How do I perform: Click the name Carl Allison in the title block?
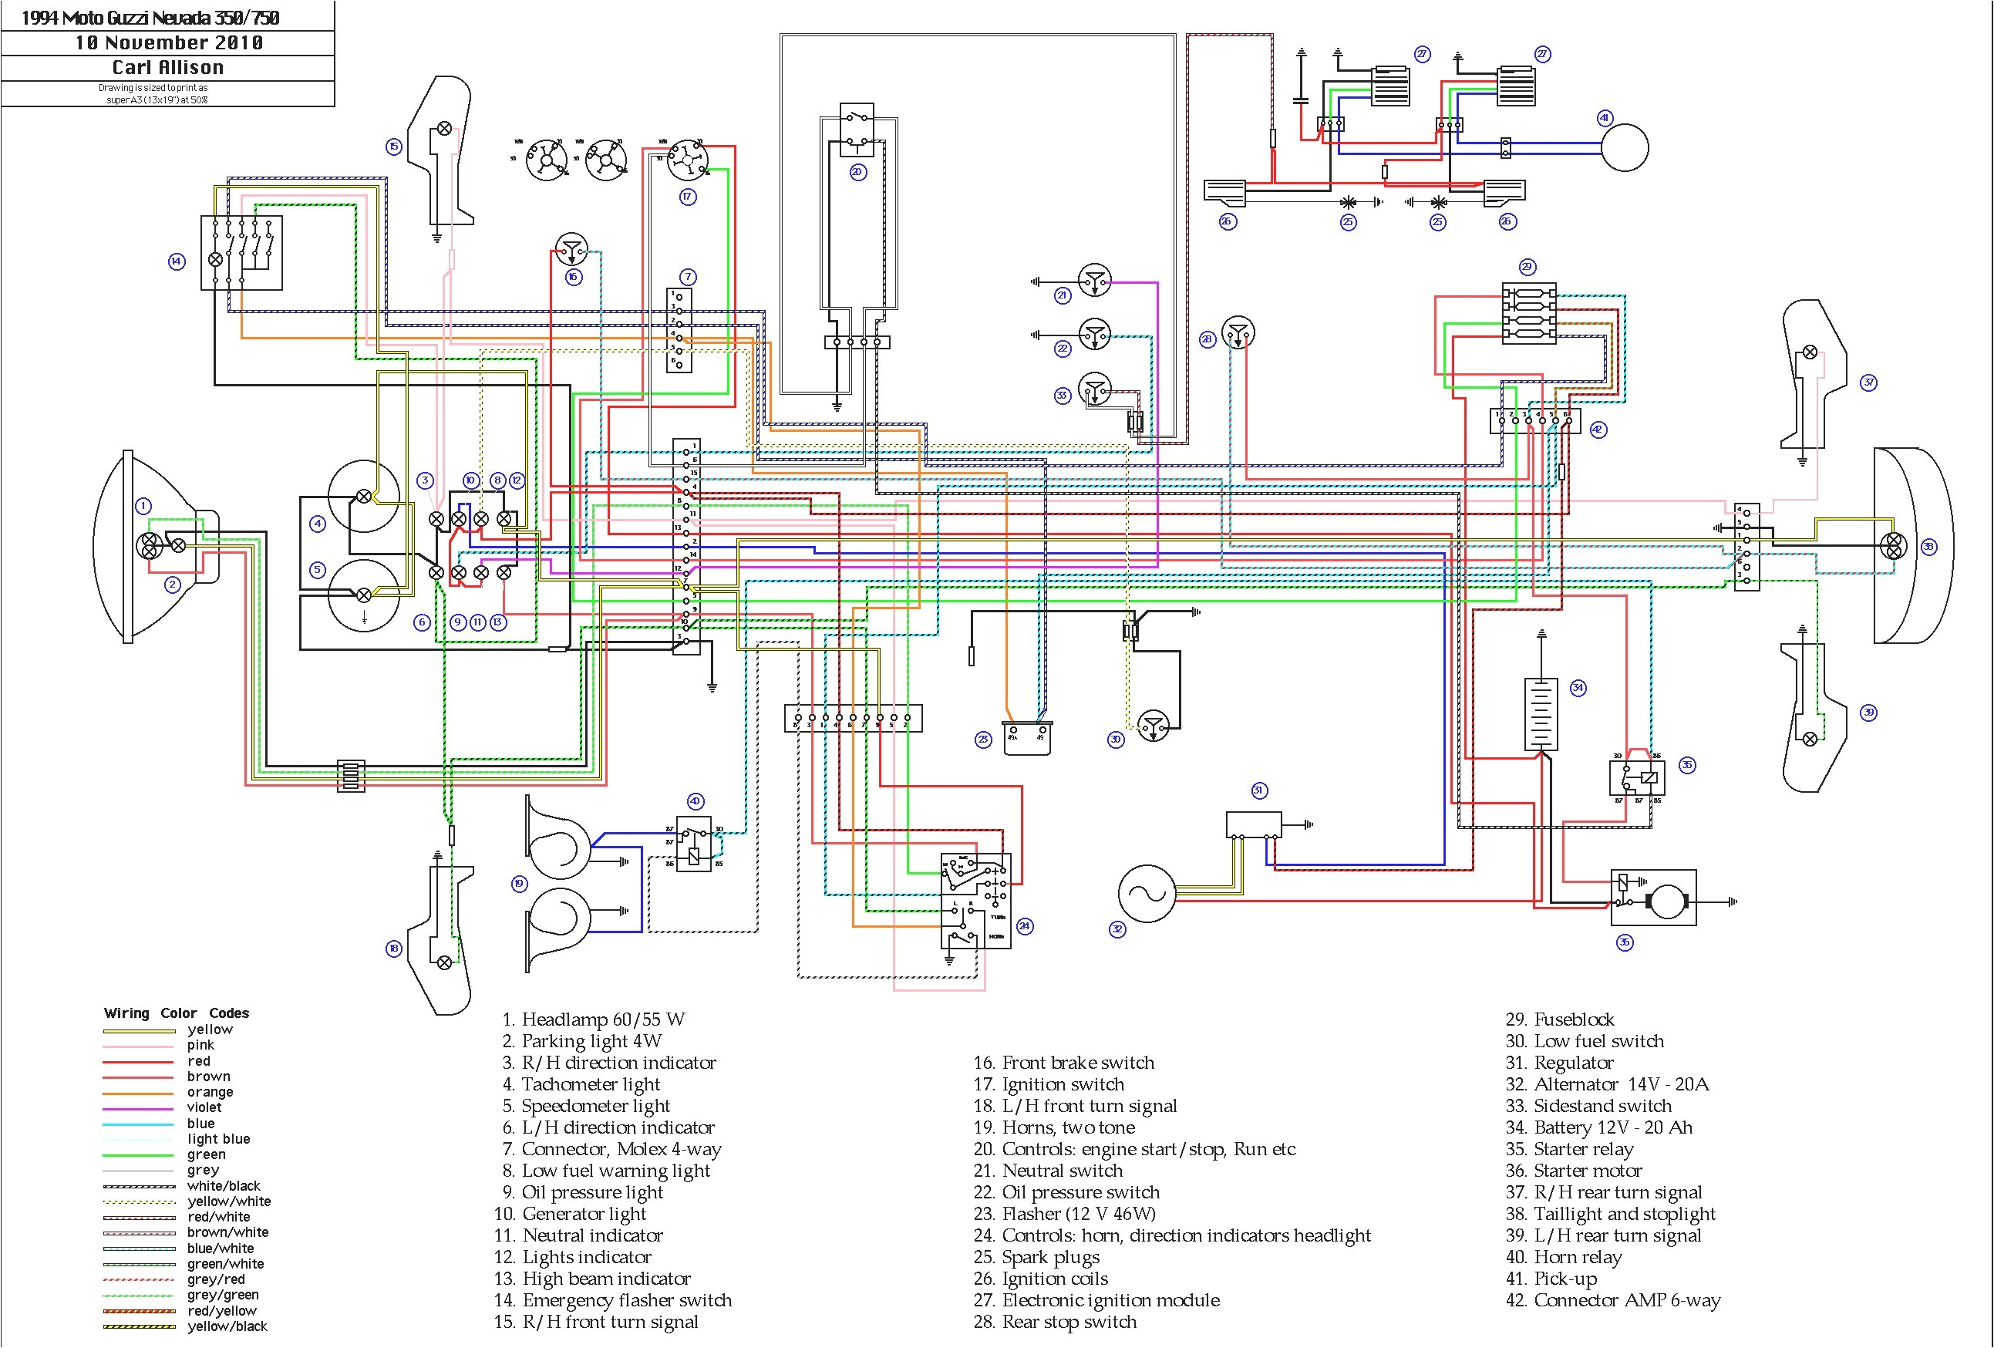point(168,68)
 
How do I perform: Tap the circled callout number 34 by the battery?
point(1577,687)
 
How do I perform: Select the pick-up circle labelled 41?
point(1624,147)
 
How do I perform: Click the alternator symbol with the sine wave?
point(1147,893)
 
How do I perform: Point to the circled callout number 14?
point(177,261)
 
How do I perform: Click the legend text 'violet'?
point(204,1107)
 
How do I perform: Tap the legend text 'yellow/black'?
point(227,1326)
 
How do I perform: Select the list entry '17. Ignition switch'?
point(1049,1084)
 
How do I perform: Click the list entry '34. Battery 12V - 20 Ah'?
point(1598,1127)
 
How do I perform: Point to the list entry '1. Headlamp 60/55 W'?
point(594,1019)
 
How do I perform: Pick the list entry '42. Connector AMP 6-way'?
point(1612,1300)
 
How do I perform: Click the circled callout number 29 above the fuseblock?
point(1527,267)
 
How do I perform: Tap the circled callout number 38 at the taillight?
point(1928,546)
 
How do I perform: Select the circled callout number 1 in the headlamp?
point(143,506)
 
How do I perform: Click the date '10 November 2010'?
point(168,43)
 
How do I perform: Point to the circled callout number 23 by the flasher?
point(983,739)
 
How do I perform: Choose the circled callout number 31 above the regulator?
point(1259,790)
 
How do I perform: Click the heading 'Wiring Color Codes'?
point(176,1013)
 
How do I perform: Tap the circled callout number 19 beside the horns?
point(519,884)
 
